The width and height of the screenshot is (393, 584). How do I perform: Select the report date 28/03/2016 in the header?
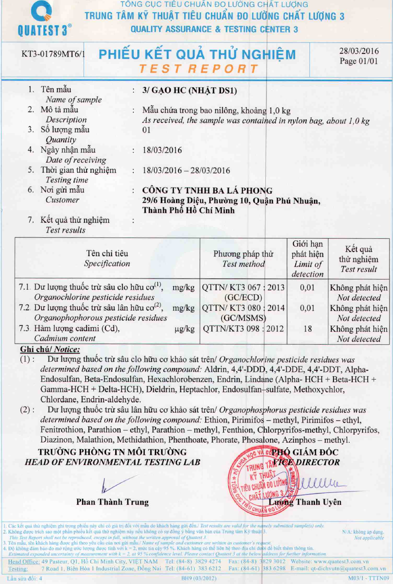click(359, 51)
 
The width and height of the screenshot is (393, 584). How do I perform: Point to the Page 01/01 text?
click(358, 61)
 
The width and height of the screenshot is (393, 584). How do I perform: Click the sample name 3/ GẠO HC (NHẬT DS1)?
click(190, 90)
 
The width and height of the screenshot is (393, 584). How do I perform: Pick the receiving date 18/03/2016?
click(162, 150)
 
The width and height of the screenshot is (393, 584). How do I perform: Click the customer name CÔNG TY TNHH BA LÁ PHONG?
click(207, 191)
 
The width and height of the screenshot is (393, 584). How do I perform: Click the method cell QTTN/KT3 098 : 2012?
click(243, 329)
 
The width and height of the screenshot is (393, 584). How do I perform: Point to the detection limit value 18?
click(308, 329)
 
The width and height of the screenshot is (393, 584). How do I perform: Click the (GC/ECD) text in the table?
click(243, 298)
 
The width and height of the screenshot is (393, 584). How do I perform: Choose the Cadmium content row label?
click(65, 338)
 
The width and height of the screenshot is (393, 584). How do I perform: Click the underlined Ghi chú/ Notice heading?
click(50, 349)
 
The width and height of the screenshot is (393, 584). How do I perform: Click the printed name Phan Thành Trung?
click(112, 502)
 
